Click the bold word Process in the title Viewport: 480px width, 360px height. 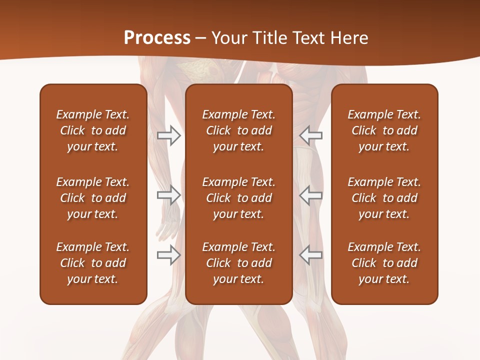point(157,37)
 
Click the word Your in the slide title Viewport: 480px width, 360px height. point(228,37)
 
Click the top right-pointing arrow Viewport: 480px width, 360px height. point(168,135)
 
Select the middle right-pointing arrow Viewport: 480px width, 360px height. point(168,195)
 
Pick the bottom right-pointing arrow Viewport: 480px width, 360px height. point(168,254)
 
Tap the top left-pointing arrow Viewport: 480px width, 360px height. point(311,135)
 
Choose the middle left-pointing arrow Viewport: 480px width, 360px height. point(311,195)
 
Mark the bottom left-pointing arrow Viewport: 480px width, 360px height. point(311,254)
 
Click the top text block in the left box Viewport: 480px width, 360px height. point(93,130)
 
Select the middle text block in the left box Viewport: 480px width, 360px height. point(93,198)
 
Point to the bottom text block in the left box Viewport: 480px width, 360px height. point(93,263)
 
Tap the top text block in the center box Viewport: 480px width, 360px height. point(238,130)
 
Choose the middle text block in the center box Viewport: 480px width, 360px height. point(238,198)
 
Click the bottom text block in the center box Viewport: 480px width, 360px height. point(238,263)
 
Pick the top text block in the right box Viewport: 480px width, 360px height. point(384,130)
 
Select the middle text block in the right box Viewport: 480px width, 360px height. point(384,198)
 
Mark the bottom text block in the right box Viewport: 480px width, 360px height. point(384,263)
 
